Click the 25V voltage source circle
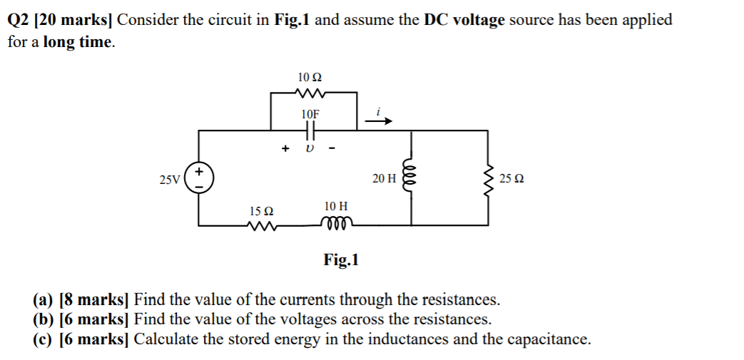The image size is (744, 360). pyautogui.click(x=198, y=178)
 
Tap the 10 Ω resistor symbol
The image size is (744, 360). pyautogui.click(x=310, y=92)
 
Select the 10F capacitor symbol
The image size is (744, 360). pyautogui.click(x=310, y=130)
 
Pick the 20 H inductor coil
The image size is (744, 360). pyautogui.click(x=409, y=178)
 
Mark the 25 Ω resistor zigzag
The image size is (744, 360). pyautogui.click(x=489, y=178)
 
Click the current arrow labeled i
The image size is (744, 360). pyautogui.click(x=379, y=121)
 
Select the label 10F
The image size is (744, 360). pyautogui.click(x=310, y=114)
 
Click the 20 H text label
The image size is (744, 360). pyautogui.click(x=383, y=178)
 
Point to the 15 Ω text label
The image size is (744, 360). pyautogui.click(x=262, y=211)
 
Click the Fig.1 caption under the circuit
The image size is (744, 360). pyautogui.click(x=341, y=260)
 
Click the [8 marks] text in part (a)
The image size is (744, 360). pyautogui.click(x=95, y=299)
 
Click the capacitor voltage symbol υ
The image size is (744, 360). pyautogui.click(x=310, y=149)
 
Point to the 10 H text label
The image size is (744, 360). pyautogui.click(x=335, y=206)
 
